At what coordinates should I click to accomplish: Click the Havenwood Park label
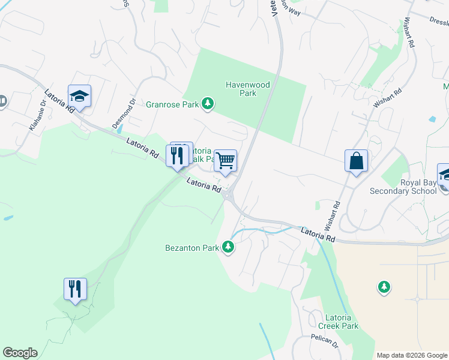click(x=241, y=89)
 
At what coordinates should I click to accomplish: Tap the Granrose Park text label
click(x=172, y=104)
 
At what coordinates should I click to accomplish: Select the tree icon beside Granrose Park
click(x=208, y=104)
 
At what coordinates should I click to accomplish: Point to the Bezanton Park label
click(x=192, y=247)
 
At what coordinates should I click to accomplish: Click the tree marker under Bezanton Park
click(x=228, y=247)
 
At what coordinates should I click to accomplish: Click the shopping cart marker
click(x=225, y=160)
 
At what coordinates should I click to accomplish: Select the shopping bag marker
click(x=356, y=161)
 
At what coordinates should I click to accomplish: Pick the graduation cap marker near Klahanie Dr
click(x=79, y=96)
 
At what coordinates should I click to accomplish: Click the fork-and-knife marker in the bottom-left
click(x=75, y=289)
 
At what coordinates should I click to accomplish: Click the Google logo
click(x=20, y=353)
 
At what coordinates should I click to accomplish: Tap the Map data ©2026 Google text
click(x=411, y=355)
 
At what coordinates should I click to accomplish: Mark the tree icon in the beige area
click(x=384, y=287)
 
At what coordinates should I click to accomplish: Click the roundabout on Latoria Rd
click(x=229, y=194)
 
